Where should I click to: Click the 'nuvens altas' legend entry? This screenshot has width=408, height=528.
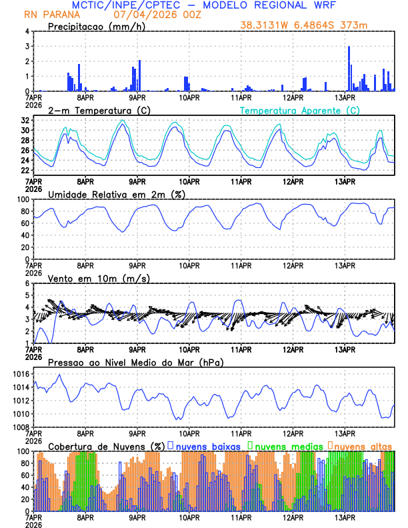363,445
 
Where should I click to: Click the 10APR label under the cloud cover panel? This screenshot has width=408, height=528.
189,517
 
